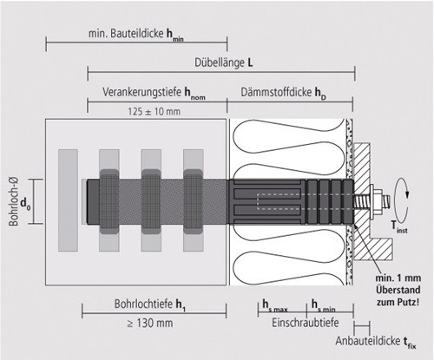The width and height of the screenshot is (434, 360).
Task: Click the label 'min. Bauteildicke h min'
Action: pos(136,35)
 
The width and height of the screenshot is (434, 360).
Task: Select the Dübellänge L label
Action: pos(224,62)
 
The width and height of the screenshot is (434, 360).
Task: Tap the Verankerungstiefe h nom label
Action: pos(154,93)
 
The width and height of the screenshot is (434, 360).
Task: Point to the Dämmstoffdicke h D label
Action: pos(284,93)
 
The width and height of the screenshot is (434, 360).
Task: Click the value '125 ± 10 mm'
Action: pos(155,111)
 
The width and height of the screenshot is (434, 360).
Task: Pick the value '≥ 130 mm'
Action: pos(150,323)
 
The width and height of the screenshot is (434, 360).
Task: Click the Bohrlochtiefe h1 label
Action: pos(150,304)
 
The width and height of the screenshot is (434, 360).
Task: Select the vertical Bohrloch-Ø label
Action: pos(13,201)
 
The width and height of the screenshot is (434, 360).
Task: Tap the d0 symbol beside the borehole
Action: pos(25,204)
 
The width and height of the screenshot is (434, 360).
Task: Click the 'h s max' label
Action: pos(275,306)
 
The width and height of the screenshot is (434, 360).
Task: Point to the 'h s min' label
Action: pos(323,306)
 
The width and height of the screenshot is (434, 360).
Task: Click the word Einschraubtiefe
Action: pos(306,323)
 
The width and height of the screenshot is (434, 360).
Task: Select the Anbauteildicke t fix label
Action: pos(376,342)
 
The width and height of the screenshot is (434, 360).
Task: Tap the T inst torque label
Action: pos(399,226)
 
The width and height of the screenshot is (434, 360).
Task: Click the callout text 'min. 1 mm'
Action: pos(398,278)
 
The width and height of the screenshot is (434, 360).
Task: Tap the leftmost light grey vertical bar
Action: pos(68,200)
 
